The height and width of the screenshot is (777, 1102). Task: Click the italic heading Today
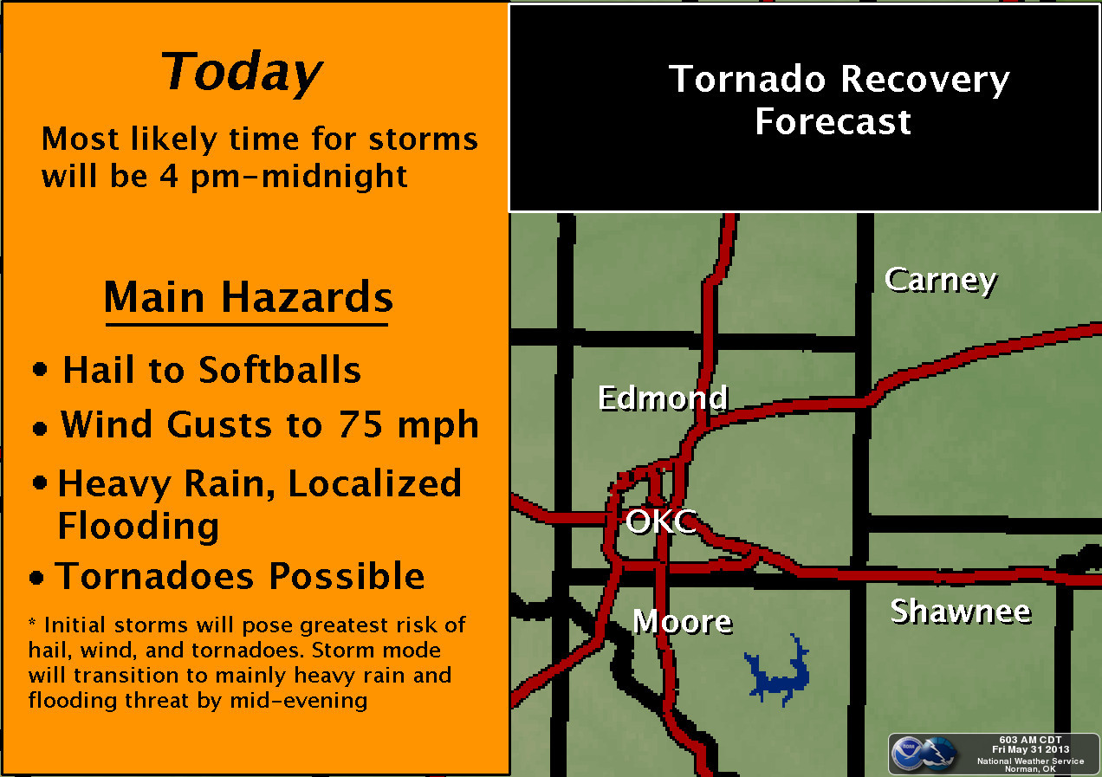[x=242, y=72]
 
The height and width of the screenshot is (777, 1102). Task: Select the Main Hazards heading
[x=249, y=296]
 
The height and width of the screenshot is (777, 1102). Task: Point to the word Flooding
[x=139, y=526]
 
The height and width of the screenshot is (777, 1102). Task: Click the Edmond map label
[x=663, y=398]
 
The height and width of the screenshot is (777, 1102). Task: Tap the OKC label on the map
[x=661, y=521]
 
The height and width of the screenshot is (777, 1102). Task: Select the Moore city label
[x=683, y=621]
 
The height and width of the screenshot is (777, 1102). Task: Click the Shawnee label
[x=960, y=612]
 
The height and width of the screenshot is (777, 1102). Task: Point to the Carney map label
[x=941, y=281]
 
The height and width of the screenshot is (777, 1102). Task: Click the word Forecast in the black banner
[x=833, y=121]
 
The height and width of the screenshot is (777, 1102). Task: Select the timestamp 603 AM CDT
[x=1030, y=740]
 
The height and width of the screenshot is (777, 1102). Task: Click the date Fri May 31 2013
[x=1030, y=749]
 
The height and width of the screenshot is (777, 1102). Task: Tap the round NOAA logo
[x=908, y=754]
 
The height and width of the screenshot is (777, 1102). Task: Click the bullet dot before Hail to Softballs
[x=40, y=369]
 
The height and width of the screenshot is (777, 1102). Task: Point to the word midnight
[x=334, y=177]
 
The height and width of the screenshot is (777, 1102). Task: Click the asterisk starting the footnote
[x=32, y=622]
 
